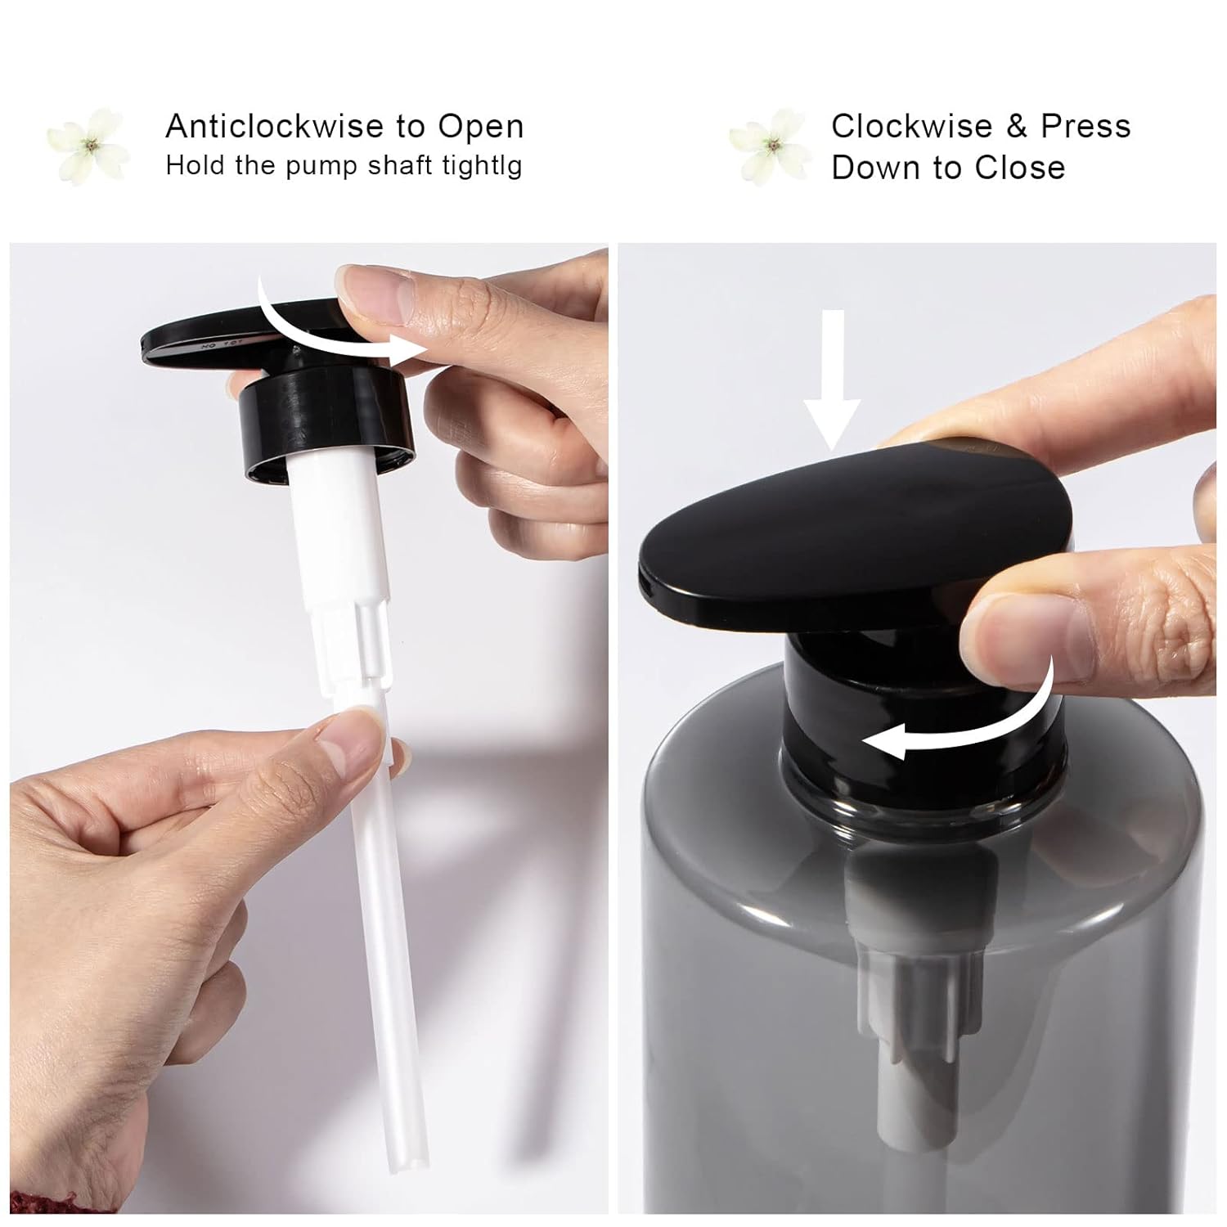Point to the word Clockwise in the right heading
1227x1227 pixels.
911,126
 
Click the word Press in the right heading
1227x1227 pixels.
1085,126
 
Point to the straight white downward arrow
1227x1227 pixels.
831,380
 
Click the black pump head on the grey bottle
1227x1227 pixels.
855,535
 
